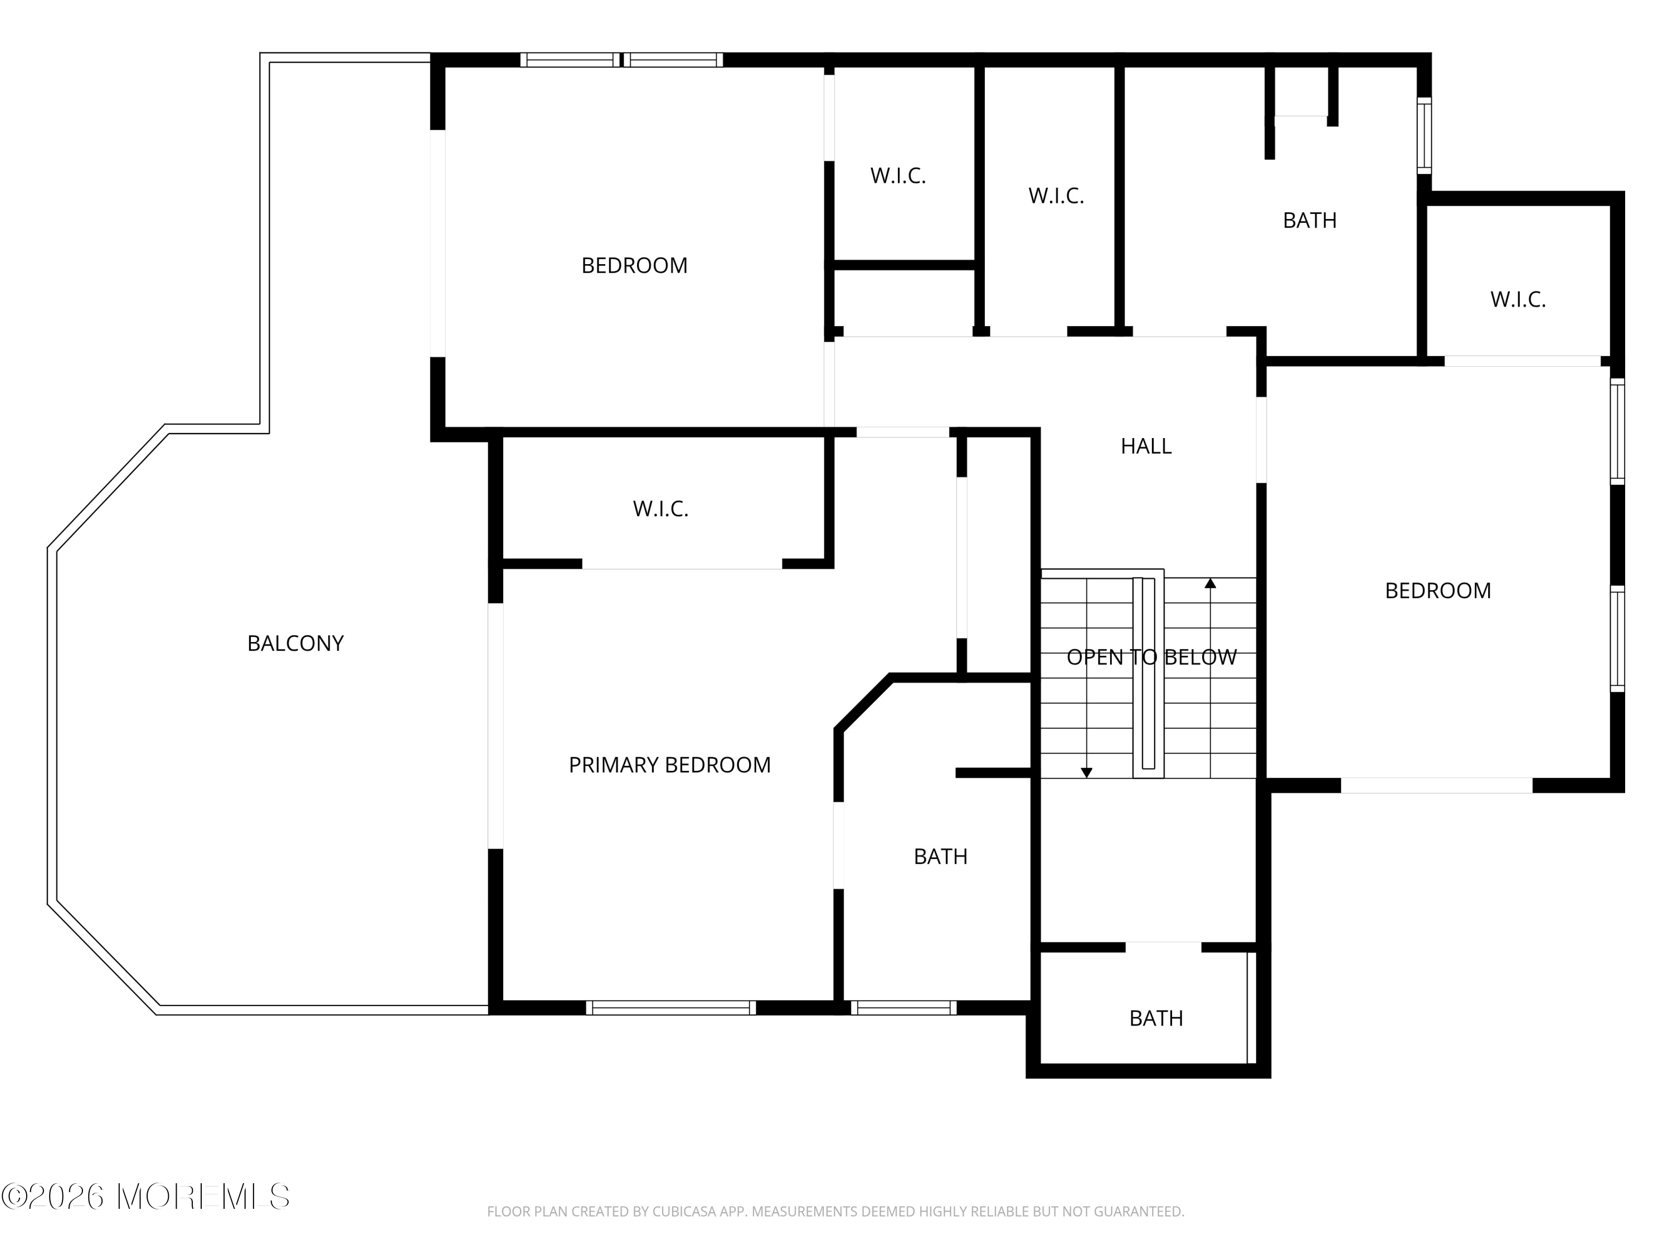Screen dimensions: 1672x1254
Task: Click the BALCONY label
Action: click(295, 643)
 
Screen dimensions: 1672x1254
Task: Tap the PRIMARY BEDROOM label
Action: click(670, 765)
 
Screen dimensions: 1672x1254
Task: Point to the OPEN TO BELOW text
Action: click(1152, 658)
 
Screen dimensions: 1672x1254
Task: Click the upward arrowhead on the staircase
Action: click(1210, 583)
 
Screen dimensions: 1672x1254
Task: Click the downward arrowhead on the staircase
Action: click(1086, 772)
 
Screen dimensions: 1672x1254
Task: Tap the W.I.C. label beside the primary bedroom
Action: click(660, 509)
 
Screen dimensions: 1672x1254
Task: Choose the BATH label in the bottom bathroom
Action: click(1156, 1018)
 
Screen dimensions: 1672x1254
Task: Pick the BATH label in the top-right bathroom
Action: click(1310, 220)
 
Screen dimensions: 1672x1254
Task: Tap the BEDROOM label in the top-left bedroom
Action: click(634, 265)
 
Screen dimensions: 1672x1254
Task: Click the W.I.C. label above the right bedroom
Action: click(1518, 299)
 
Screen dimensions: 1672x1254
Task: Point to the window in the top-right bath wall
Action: click(1424, 136)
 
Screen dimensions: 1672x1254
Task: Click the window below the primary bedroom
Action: click(670, 1008)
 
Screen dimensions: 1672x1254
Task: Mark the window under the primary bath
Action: click(904, 1008)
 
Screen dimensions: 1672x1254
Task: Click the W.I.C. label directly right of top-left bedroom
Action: click(898, 176)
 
